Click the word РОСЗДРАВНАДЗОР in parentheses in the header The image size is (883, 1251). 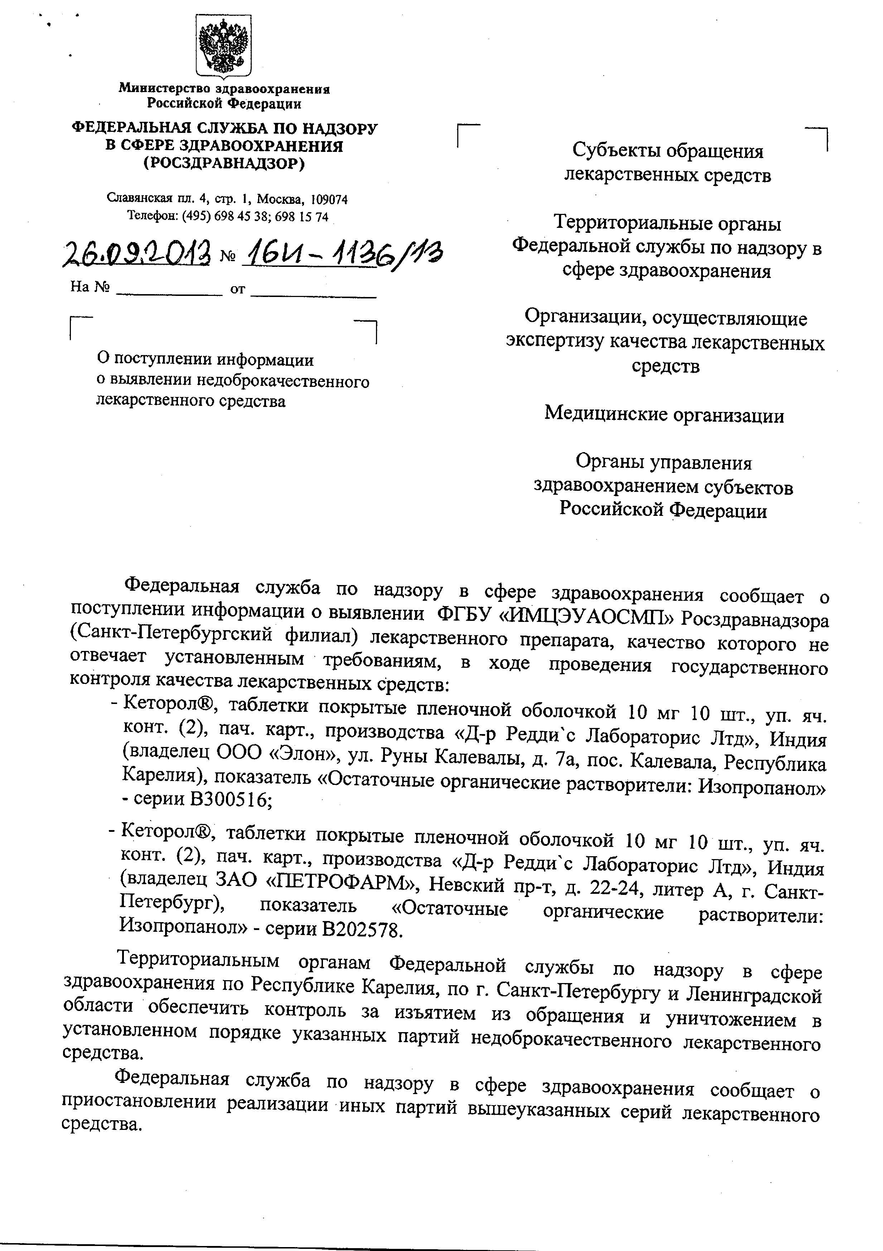coord(224,163)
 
